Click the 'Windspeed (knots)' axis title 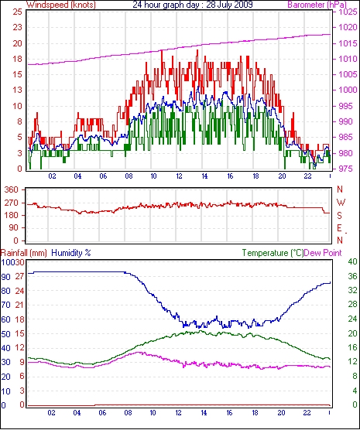pos(61,5)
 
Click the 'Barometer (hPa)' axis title pos(317,5)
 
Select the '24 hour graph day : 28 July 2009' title pos(193,5)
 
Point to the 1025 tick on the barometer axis pos(348,12)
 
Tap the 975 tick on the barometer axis pos(347,169)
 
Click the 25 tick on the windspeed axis pos(17,12)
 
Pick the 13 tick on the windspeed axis pos(17,90)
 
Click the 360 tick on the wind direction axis pos(12,189)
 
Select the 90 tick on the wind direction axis pos(14,228)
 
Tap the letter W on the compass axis pos(341,203)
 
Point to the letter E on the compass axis pos(339,228)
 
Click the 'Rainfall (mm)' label pos(24,253)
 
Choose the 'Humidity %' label pos(71,253)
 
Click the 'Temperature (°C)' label pos(273,253)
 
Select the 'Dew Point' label pos(323,253)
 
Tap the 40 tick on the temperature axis pos(352,261)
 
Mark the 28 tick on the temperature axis pos(352,305)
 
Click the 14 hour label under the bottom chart pos(204,412)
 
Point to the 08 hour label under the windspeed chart pos(129,176)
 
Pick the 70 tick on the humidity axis pos(5,305)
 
